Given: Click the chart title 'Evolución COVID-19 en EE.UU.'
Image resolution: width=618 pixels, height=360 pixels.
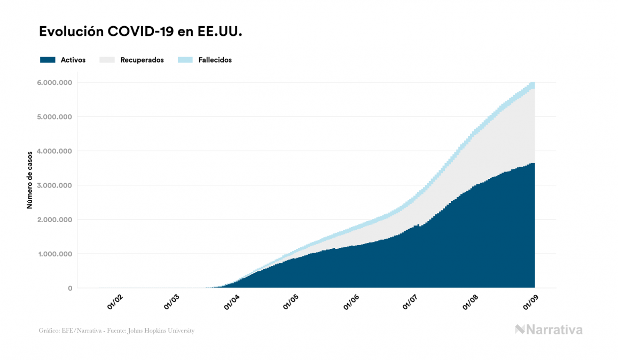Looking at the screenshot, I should (x=141, y=32).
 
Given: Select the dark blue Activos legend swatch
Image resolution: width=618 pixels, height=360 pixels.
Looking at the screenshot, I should (x=48, y=60).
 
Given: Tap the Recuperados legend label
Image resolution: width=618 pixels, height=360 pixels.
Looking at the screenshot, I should (x=142, y=60).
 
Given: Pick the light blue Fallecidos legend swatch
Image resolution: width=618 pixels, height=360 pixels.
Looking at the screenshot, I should (x=185, y=60).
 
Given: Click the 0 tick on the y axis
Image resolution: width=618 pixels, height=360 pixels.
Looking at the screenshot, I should (x=70, y=288).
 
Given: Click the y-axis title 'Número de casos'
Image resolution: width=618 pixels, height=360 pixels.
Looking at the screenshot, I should (x=30, y=179).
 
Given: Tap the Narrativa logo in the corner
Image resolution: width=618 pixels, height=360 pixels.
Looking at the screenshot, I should (x=549, y=330).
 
